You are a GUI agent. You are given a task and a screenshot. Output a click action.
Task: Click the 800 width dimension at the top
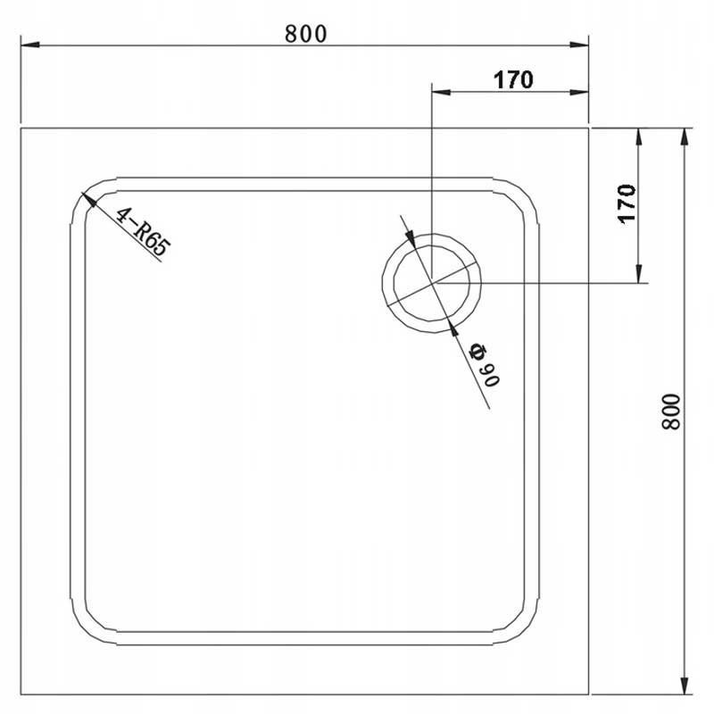click(x=306, y=34)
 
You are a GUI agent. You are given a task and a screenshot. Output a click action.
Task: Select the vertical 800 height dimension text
click(x=671, y=411)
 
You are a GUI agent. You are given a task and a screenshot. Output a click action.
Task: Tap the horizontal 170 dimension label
click(x=513, y=80)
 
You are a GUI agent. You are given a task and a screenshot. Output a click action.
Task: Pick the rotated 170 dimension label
click(x=627, y=203)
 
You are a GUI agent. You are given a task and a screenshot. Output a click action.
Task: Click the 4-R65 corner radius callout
click(x=143, y=232)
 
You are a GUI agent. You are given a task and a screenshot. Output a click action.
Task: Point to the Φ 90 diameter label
click(x=486, y=365)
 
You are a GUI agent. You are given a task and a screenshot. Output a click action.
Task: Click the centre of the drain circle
click(x=432, y=283)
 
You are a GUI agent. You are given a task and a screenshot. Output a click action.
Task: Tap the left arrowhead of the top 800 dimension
click(x=30, y=46)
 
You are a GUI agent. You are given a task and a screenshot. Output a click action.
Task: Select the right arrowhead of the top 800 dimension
click(x=578, y=46)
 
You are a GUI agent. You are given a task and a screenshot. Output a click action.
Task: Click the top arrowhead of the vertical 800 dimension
click(x=684, y=137)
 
